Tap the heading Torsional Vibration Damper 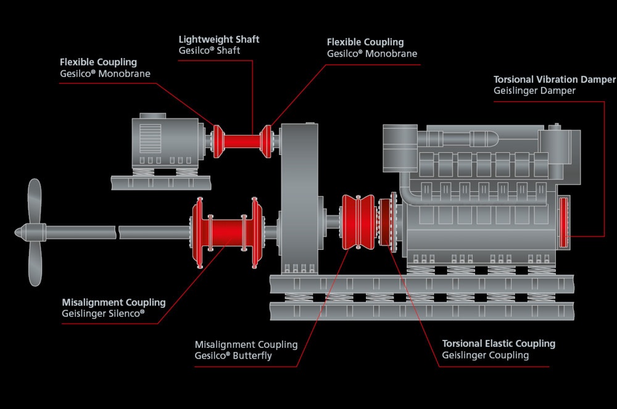554,80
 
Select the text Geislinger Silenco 103,313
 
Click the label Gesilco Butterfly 233,356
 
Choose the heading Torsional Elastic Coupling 499,344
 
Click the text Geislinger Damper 534,91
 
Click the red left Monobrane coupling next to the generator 217,141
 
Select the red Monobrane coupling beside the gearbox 266,141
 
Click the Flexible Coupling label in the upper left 98,62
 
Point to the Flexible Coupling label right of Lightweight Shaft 365,43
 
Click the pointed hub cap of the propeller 20,233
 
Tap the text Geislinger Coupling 485,355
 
